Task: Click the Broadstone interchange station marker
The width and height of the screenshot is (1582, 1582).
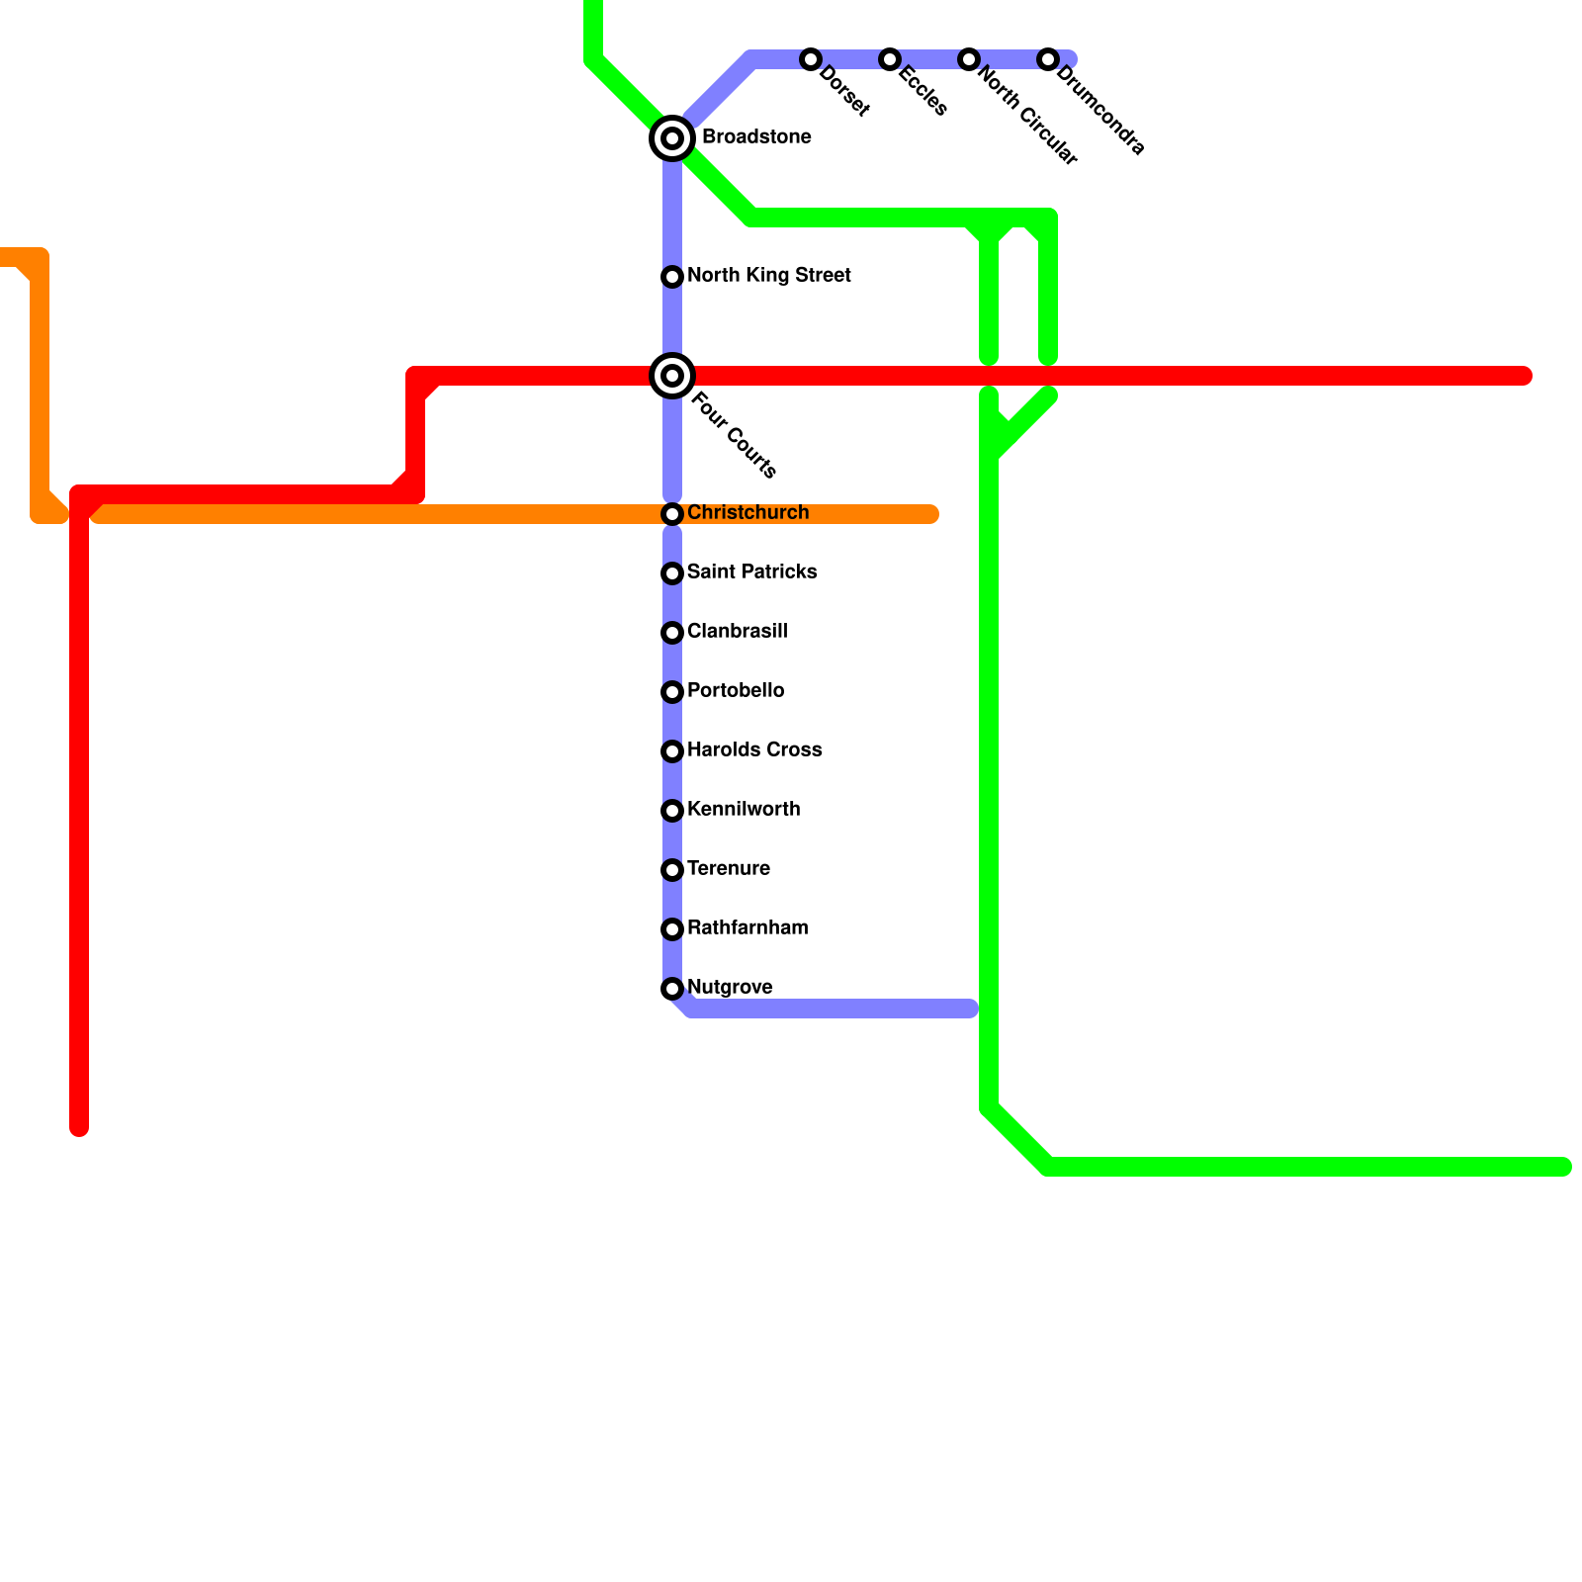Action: (x=672, y=138)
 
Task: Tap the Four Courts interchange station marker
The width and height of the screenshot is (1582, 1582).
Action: (x=672, y=376)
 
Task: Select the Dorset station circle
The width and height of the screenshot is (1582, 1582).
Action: (x=811, y=59)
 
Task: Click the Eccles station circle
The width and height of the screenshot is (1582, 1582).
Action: (x=890, y=59)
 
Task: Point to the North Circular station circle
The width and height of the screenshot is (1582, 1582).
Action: (x=969, y=59)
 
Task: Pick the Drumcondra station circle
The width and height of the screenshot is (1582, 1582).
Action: (x=1048, y=59)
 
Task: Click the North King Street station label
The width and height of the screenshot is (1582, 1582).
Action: (x=768, y=276)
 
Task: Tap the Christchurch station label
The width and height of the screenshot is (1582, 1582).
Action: (x=747, y=513)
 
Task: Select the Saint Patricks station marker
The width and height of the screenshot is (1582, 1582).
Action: (x=672, y=573)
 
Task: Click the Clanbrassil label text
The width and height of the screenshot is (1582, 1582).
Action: (x=737, y=632)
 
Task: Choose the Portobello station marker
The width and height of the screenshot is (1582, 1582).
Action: (x=672, y=692)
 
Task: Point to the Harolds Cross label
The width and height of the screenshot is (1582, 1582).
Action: (x=753, y=750)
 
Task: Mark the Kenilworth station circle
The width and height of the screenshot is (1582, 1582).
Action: (x=672, y=811)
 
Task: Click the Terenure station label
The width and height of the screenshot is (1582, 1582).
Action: (x=728, y=869)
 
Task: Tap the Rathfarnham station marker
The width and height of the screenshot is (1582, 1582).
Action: (x=672, y=929)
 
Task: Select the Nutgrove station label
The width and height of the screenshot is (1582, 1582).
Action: (x=730, y=988)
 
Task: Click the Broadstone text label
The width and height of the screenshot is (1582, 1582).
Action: (x=756, y=137)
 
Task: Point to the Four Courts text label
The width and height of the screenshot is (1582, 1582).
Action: (x=734, y=435)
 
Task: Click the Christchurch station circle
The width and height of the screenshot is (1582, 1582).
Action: (x=672, y=514)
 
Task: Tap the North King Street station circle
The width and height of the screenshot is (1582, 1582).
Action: (x=672, y=277)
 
